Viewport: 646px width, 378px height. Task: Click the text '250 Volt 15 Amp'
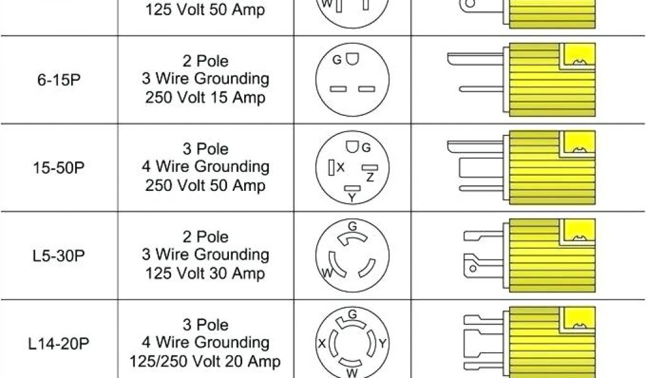pyautogui.click(x=205, y=98)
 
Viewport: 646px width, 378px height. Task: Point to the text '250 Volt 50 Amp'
pyautogui.click(x=205, y=186)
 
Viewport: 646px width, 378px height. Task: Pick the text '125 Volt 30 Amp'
pyautogui.click(x=205, y=273)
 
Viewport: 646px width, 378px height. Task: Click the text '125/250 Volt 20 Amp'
pyautogui.click(x=205, y=362)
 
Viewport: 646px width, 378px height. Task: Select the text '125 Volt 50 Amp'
pyautogui.click(x=205, y=10)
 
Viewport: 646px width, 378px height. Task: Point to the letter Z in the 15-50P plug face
pyautogui.click(x=370, y=178)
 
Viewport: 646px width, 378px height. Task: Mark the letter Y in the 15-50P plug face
pyautogui.click(x=352, y=198)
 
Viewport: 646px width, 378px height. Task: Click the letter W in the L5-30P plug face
pyautogui.click(x=327, y=273)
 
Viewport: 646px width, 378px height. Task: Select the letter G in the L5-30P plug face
pyautogui.click(x=353, y=226)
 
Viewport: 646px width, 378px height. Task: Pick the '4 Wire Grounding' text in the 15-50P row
pyautogui.click(x=205, y=168)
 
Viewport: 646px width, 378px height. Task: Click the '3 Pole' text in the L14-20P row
pyautogui.click(x=205, y=326)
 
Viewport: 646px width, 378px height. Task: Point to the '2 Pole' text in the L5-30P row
pyautogui.click(x=205, y=238)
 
